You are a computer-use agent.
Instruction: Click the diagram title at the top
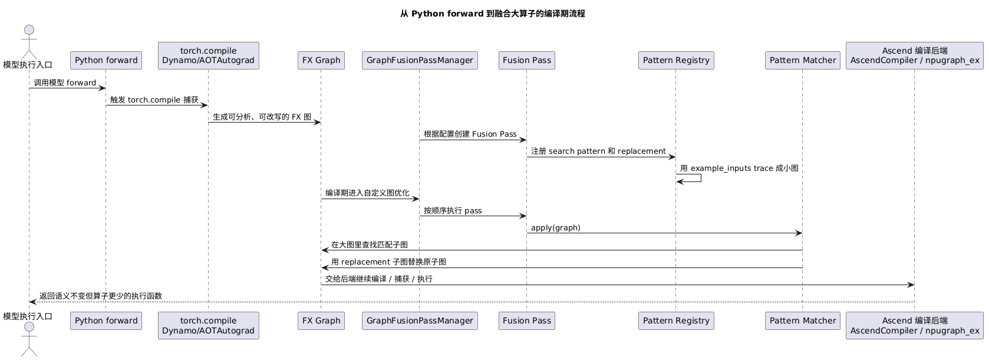pyautogui.click(x=492, y=14)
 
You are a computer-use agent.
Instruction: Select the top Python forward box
pyautogui.click(x=106, y=60)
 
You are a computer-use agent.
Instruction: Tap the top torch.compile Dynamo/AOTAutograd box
pyautogui.click(x=209, y=55)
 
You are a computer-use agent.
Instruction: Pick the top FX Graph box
pyautogui.click(x=321, y=60)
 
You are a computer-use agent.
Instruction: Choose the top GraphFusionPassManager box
pyautogui.click(x=420, y=60)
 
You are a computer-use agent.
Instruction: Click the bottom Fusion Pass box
pyautogui.click(x=527, y=321)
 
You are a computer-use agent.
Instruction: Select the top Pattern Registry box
pyautogui.click(x=676, y=60)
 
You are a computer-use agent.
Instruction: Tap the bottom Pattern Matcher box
pyautogui.click(x=803, y=321)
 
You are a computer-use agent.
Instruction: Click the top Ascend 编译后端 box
pyautogui.click(x=914, y=55)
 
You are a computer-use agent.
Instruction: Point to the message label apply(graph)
pyautogui.click(x=555, y=227)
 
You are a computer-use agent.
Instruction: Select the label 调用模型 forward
pyautogui.click(x=65, y=82)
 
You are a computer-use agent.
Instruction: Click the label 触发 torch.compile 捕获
pyautogui.click(x=154, y=100)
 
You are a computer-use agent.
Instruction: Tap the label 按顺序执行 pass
pyautogui.click(x=453, y=210)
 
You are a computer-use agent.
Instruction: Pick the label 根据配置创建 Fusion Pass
pyautogui.click(x=470, y=134)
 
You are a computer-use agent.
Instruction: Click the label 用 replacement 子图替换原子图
pyautogui.click(x=388, y=262)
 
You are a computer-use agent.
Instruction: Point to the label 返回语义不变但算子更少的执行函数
pyautogui.click(x=101, y=296)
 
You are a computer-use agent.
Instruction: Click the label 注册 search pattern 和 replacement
pyautogui.click(x=598, y=151)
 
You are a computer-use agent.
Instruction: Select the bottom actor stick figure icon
pyautogui.click(x=29, y=339)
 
